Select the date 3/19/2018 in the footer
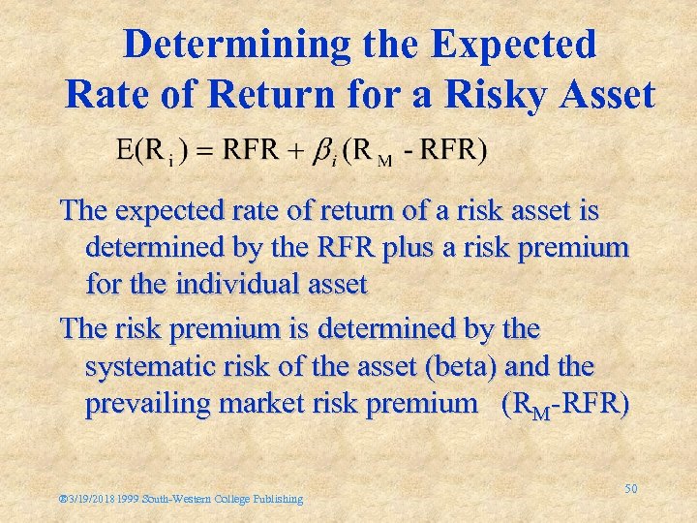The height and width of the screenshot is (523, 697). [93, 499]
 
